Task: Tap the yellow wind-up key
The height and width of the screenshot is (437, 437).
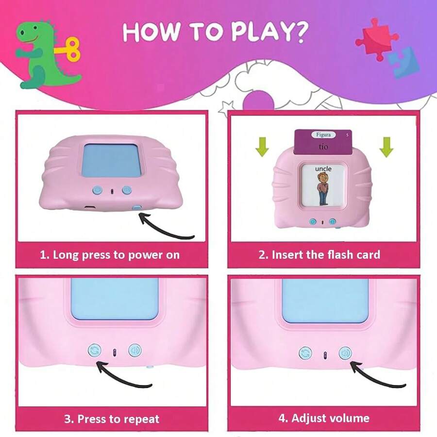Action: point(69,50)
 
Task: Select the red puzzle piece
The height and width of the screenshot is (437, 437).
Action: point(377,39)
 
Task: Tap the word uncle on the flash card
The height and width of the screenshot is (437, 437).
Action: point(323,168)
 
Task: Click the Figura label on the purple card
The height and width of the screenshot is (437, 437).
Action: point(323,134)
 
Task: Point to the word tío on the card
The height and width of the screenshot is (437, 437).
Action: point(323,146)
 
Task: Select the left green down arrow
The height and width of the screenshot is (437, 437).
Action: point(262,147)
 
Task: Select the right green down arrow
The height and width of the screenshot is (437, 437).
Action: point(387,147)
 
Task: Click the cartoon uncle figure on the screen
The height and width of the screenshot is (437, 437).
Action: point(323,189)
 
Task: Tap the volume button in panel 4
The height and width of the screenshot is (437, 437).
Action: point(345,353)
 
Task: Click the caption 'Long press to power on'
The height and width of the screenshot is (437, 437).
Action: point(116,255)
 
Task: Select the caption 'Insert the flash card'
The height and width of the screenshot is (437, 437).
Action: point(326,255)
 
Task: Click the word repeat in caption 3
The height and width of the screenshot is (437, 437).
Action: point(142,419)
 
